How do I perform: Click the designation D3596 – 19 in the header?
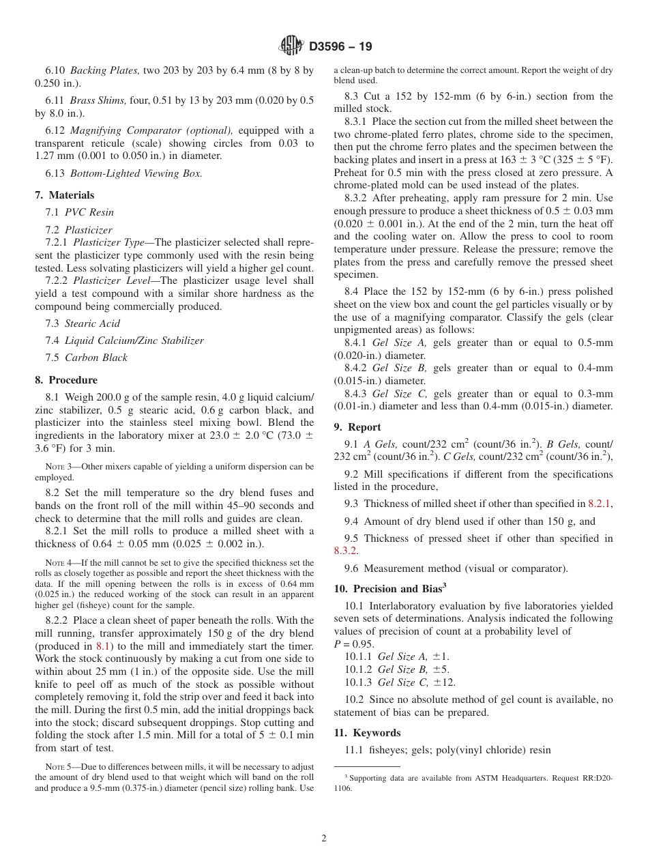point(340,47)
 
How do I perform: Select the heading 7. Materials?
point(65,195)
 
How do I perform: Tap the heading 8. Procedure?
point(66,380)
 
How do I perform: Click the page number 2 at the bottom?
point(324,839)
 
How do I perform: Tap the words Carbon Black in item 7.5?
point(96,358)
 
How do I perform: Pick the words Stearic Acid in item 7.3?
point(92,323)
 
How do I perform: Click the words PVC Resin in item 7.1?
point(89,212)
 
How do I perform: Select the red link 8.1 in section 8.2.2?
point(103,646)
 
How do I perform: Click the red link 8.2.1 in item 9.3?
point(600,504)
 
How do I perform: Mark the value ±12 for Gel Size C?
point(445,682)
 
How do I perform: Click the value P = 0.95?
point(354,643)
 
